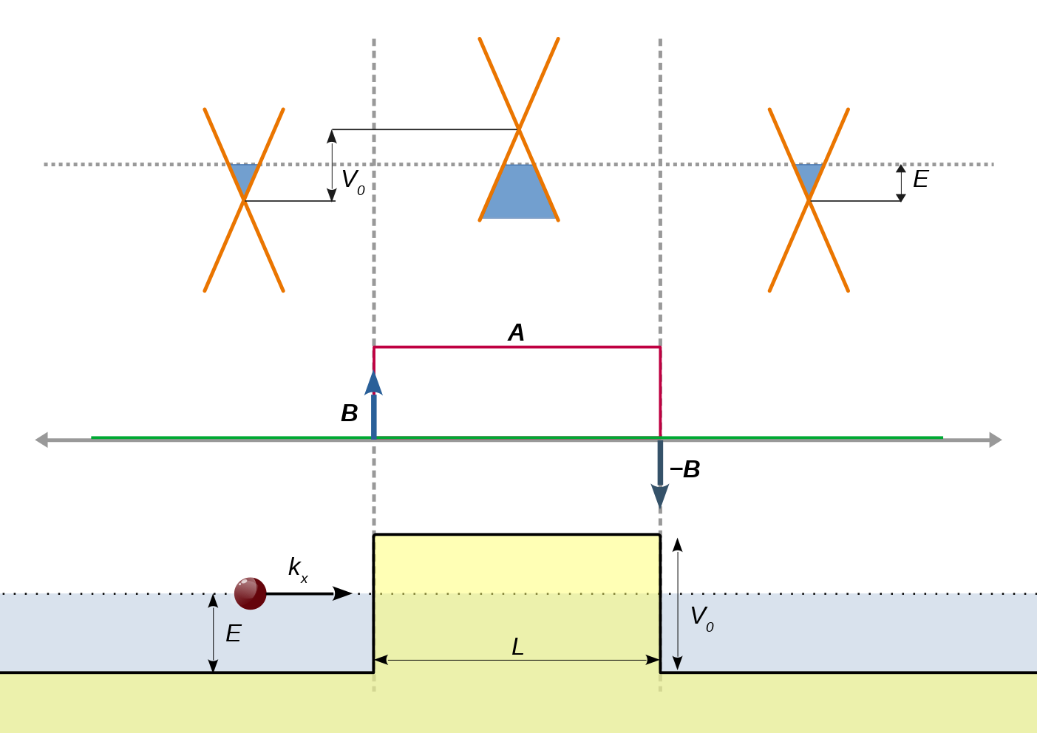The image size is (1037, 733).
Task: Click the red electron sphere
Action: (251, 593)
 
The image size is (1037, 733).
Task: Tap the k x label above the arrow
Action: (297, 569)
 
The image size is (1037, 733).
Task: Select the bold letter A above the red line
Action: (517, 333)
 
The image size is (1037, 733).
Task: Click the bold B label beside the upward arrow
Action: (350, 414)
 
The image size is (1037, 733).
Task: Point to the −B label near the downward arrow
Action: (684, 470)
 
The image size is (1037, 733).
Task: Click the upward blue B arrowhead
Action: (374, 383)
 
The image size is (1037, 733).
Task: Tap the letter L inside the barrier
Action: (517, 647)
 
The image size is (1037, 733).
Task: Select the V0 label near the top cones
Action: (353, 181)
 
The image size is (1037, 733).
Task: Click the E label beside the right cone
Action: (920, 180)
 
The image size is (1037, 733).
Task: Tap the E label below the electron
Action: (233, 634)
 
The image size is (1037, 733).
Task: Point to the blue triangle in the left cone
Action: (244, 176)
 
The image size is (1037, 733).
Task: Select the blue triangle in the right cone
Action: (809, 176)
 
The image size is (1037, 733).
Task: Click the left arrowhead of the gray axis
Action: (41, 440)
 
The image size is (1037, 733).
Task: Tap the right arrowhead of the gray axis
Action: (996, 440)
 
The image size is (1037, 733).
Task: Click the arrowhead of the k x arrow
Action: (343, 593)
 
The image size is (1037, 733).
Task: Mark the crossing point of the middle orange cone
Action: (519, 129)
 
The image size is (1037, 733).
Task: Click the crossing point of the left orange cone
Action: (244, 200)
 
